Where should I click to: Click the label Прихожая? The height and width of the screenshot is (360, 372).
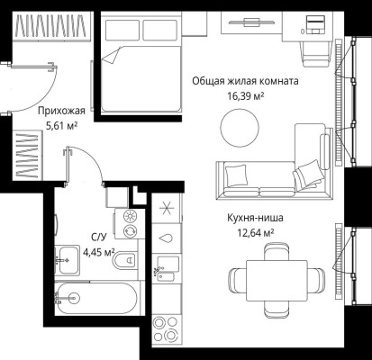(x=61, y=111)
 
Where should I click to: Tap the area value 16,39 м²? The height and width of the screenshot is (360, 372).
(x=246, y=96)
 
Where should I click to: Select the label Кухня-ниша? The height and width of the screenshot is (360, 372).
(x=255, y=218)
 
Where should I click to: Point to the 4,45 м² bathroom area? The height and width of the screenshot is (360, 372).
(x=99, y=252)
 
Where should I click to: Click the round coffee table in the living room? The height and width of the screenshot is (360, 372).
(x=240, y=128)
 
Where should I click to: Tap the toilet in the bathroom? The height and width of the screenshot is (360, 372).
(x=125, y=260)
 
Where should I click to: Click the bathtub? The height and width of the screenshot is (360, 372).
(x=96, y=299)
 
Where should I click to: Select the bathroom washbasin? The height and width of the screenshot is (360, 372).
(x=68, y=260)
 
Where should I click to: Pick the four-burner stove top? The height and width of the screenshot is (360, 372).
(x=166, y=329)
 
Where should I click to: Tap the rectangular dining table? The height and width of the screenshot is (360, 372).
(x=277, y=281)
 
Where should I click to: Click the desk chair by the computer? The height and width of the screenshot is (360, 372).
(x=315, y=54)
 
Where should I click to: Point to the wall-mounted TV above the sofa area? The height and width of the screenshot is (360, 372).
(x=251, y=22)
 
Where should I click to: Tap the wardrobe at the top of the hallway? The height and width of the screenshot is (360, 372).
(x=51, y=25)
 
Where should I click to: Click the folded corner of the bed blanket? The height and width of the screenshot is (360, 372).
(x=110, y=56)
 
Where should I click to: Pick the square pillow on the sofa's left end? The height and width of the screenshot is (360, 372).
(x=236, y=175)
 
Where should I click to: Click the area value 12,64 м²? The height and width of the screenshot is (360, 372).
(x=256, y=232)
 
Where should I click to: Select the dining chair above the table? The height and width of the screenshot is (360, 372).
(x=277, y=251)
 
